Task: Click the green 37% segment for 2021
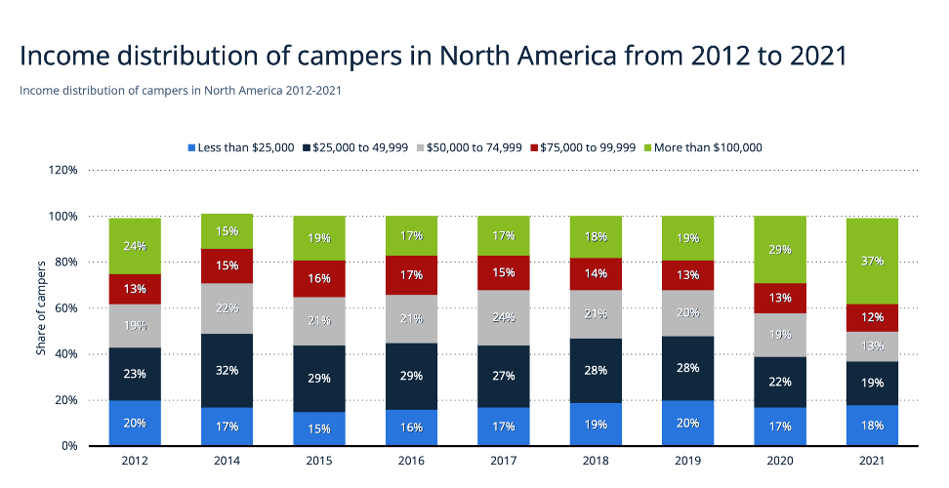point(873,261)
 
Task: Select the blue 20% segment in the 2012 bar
point(135,423)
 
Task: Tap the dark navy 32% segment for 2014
point(227,371)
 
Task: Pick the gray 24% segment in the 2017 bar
point(504,317)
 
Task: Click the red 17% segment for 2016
point(411,275)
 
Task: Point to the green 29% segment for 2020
point(780,250)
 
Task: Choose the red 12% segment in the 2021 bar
point(873,318)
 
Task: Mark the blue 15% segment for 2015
point(319,428)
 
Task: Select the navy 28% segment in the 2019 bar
point(688,368)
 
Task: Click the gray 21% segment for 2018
point(596,313)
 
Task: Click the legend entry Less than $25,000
point(240,147)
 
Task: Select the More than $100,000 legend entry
point(704,147)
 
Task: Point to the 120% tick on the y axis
point(62,170)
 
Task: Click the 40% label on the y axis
point(65,354)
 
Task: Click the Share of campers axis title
point(40,308)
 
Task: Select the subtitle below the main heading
point(180,91)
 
